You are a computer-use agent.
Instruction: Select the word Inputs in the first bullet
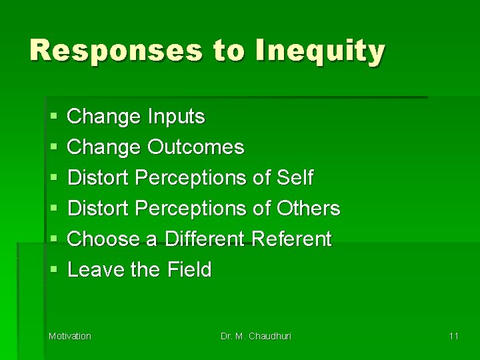pos(177,117)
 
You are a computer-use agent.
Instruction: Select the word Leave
pos(92,270)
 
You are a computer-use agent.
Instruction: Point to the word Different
pos(203,239)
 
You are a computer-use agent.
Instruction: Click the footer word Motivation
pos(70,336)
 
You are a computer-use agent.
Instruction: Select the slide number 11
pos(453,336)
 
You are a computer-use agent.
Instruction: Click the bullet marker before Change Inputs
pos(53,117)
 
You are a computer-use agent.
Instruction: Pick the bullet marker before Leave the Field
pos(53,271)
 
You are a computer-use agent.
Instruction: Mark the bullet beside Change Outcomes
pos(53,148)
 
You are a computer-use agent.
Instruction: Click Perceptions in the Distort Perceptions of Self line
pos(191,178)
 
